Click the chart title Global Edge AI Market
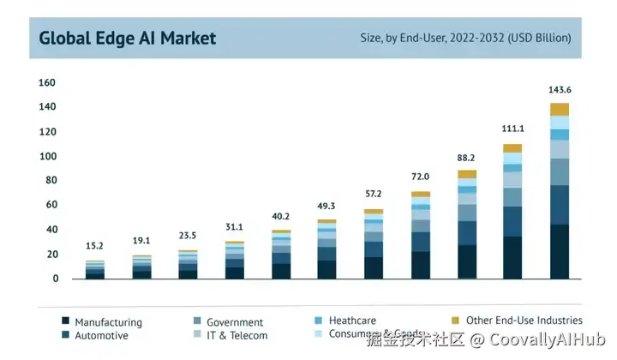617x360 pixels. [128, 38]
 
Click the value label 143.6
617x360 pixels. [560, 90]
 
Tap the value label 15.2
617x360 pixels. [95, 247]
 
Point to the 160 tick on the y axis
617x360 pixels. [47, 83]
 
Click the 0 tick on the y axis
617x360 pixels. [55, 279]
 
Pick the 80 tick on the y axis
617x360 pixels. [50, 181]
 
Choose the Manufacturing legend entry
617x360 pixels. [108, 322]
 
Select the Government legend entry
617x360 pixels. [235, 322]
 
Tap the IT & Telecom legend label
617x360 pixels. [237, 336]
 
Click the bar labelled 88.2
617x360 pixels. [466, 225]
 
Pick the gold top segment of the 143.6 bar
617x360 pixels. [560, 109]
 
